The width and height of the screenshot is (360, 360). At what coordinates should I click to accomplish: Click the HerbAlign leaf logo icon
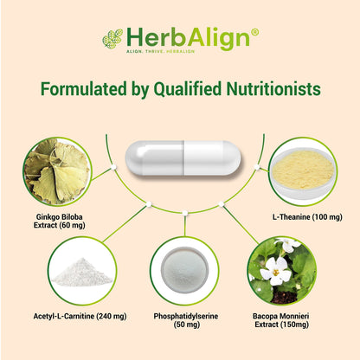112,38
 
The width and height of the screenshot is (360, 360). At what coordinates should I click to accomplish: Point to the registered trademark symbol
254,33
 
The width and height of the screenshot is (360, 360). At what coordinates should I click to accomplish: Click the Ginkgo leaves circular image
55,170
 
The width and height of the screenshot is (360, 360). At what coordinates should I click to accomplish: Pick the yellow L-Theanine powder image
303,170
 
